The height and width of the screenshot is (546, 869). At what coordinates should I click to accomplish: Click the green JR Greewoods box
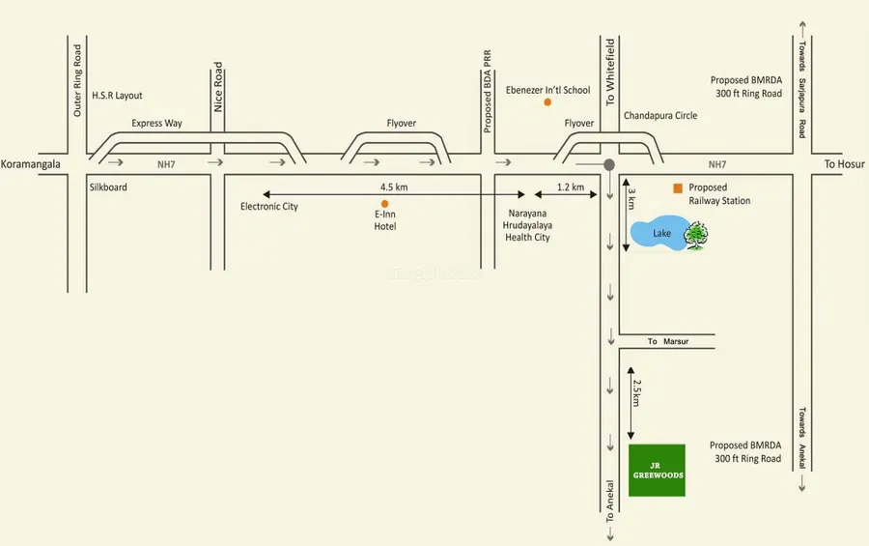click(657, 470)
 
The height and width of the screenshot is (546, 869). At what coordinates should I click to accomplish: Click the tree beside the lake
click(695, 236)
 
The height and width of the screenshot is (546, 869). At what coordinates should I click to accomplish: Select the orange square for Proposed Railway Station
click(678, 187)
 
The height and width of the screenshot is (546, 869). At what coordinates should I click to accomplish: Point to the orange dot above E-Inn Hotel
click(384, 203)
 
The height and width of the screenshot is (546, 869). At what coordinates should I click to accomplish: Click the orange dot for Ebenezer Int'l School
click(547, 101)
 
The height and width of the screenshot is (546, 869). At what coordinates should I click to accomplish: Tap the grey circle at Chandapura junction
click(609, 165)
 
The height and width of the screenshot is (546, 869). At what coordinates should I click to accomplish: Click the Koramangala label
click(31, 164)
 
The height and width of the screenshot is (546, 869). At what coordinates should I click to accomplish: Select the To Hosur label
click(844, 164)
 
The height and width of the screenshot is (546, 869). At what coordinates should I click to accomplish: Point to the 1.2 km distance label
click(571, 187)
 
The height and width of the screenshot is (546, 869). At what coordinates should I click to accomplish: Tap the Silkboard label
click(107, 187)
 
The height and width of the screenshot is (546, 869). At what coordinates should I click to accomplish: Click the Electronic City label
click(269, 206)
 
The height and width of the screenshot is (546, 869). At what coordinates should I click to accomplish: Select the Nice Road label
click(218, 88)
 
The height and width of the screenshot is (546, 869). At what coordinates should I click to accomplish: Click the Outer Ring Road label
click(78, 81)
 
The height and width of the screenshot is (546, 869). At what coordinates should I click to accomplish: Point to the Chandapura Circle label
click(660, 116)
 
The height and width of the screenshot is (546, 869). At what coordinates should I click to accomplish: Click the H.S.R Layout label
click(117, 96)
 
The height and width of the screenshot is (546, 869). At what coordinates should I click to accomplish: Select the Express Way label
click(157, 124)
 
